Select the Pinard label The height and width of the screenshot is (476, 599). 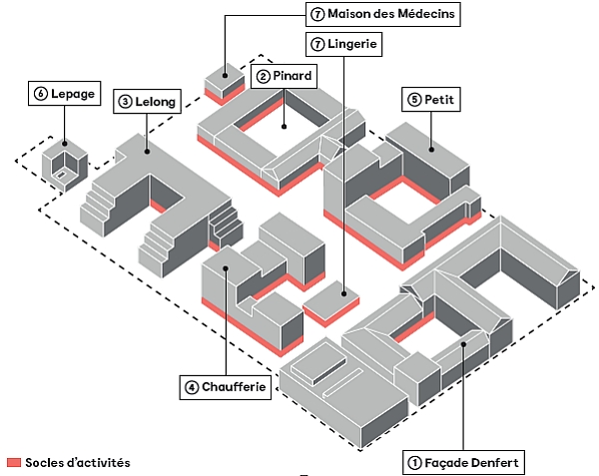[x=286, y=75]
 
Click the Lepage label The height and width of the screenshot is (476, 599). [x=65, y=94]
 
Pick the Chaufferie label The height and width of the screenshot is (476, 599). [x=228, y=387]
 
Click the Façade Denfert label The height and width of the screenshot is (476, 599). [x=463, y=462]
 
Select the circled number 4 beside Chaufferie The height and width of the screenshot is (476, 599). [x=191, y=387]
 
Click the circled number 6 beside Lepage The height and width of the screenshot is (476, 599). [x=41, y=94]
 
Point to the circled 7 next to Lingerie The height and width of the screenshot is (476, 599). [x=317, y=45]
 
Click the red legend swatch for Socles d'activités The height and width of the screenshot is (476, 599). [x=14, y=463]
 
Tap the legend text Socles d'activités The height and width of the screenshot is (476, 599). [x=79, y=463]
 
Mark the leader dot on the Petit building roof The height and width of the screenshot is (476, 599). [x=431, y=150]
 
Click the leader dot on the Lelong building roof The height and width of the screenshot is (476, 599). [x=147, y=152]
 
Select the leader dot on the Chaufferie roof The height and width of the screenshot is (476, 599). [x=228, y=267]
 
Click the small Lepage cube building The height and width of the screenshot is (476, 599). [x=65, y=165]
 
